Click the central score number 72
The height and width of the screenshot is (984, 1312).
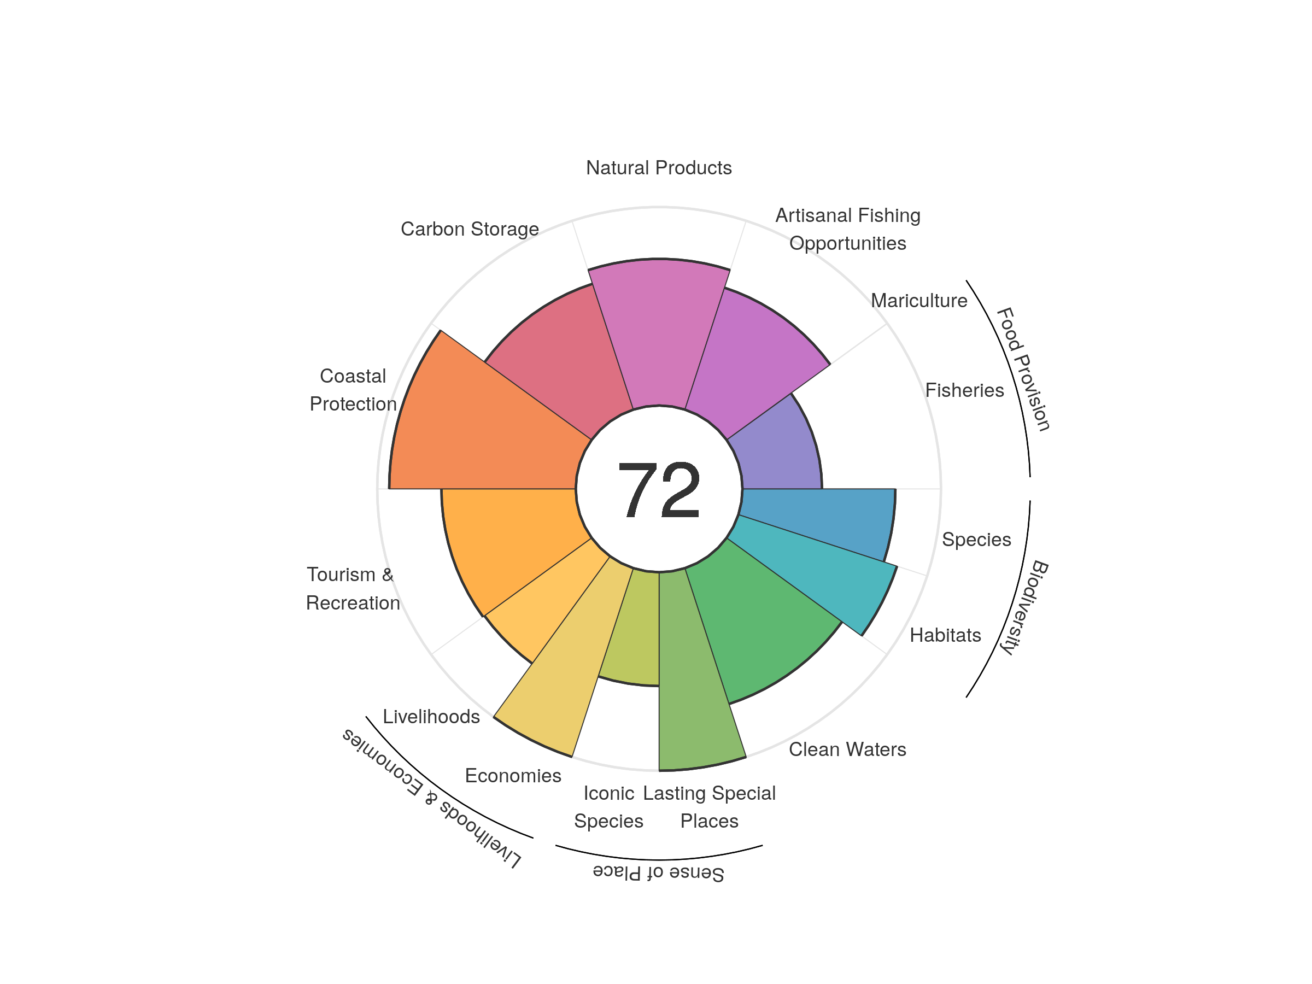coord(659,490)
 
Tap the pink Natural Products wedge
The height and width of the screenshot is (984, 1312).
coord(659,332)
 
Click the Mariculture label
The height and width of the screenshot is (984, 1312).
coord(919,301)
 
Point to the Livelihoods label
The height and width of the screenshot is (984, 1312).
coord(431,717)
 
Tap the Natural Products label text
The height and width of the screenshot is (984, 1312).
coord(658,168)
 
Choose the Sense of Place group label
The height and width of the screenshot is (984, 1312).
coord(658,872)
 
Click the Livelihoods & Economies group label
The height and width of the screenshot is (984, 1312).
coord(431,798)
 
